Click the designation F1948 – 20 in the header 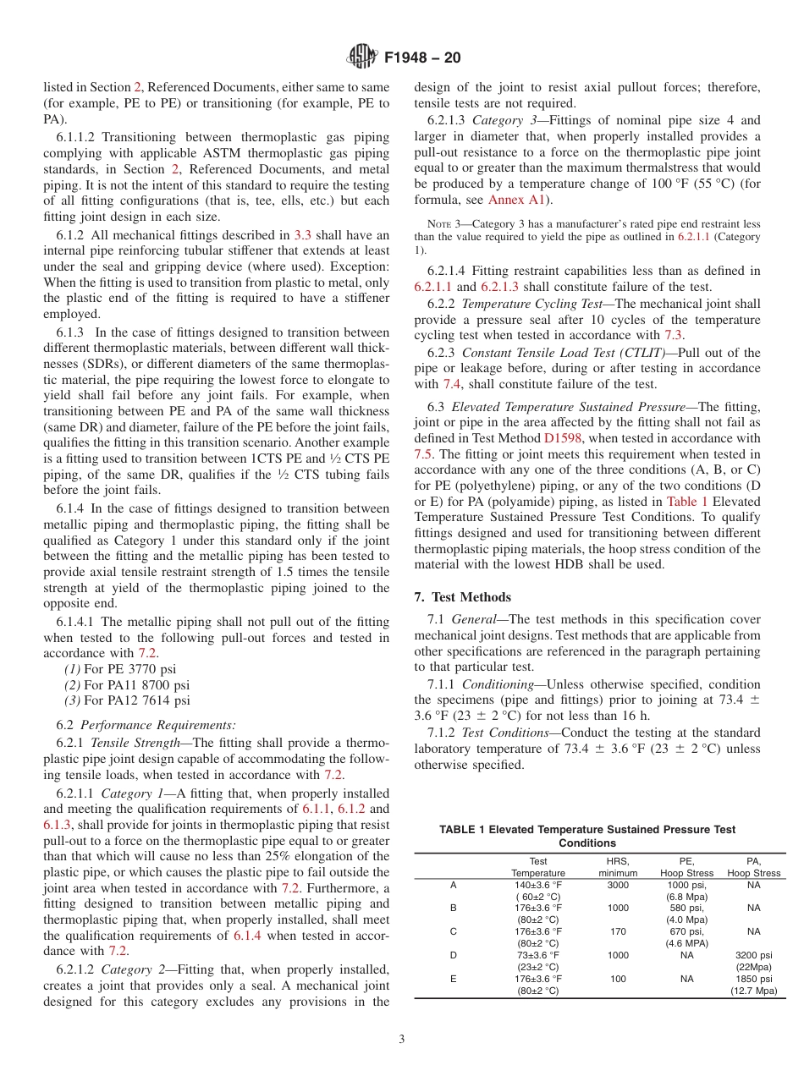[422, 58]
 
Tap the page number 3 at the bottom [401, 1039]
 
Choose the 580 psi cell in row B [686, 908]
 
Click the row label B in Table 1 [453, 908]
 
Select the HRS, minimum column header [618, 867]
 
